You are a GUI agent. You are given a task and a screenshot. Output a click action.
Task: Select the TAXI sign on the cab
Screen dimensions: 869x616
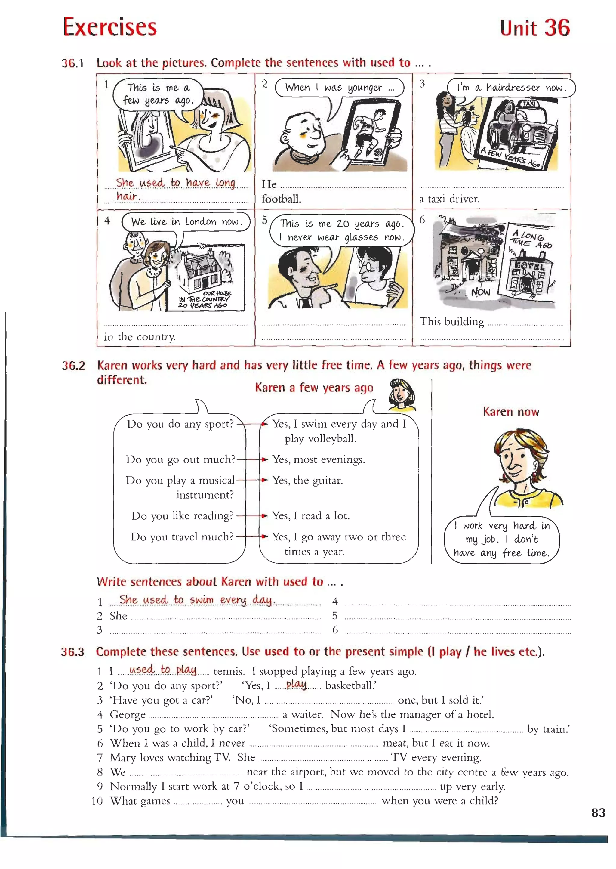[x=529, y=104]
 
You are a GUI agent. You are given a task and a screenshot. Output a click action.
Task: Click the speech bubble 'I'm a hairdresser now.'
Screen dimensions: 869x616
[x=511, y=88]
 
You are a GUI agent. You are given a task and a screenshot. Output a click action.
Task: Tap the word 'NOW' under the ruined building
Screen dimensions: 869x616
[x=481, y=292]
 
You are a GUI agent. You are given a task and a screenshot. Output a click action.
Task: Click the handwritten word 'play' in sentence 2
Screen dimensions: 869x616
[x=297, y=684]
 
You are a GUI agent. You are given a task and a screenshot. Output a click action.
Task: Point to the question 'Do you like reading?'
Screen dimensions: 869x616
[x=182, y=516]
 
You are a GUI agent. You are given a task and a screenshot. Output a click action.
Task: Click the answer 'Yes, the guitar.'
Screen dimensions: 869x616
[x=307, y=481]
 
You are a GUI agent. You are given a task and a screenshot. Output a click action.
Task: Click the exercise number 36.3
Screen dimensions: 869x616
[x=72, y=652]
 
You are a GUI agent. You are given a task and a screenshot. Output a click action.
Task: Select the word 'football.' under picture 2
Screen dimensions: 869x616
[x=281, y=199]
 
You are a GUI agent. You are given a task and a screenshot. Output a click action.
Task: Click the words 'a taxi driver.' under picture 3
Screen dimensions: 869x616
[x=449, y=199]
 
